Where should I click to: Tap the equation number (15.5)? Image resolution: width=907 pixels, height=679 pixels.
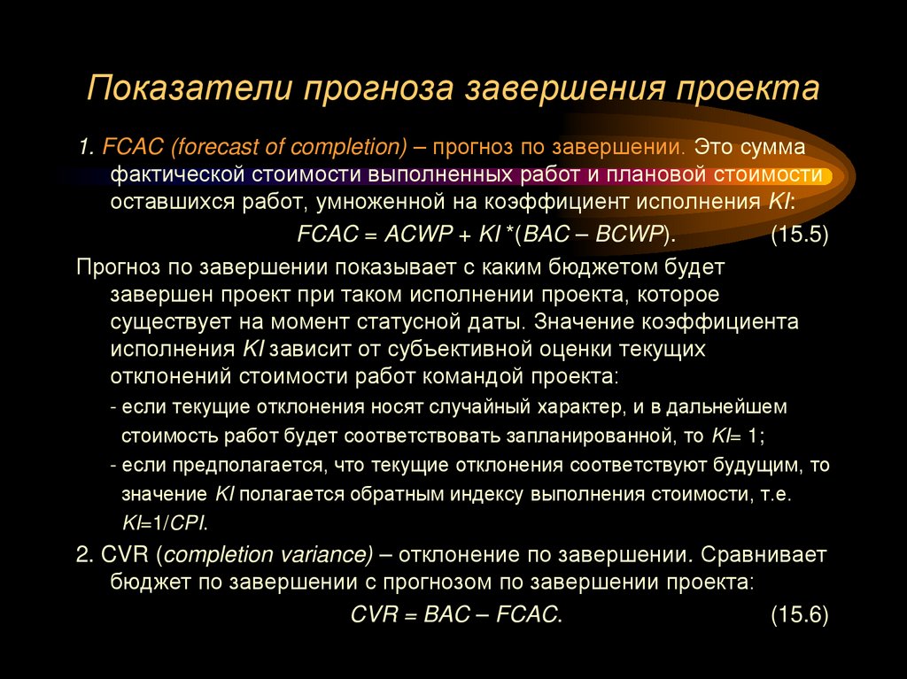(x=799, y=235)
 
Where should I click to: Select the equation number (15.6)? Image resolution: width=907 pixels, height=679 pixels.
(x=799, y=613)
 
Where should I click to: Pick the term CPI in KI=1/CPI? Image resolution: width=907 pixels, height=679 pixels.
(x=189, y=521)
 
